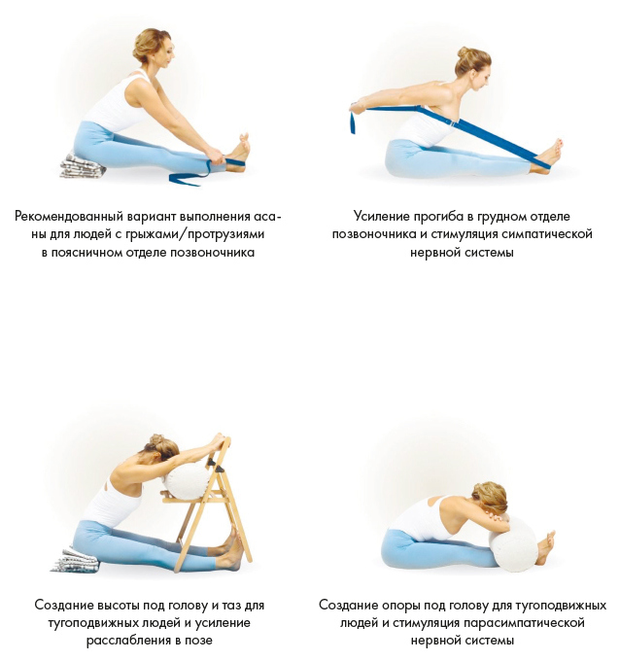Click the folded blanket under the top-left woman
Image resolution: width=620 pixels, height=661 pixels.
click(x=83, y=165)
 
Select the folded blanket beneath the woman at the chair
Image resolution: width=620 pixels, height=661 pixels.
click(x=75, y=560)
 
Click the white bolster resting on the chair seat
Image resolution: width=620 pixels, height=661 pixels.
click(x=187, y=481)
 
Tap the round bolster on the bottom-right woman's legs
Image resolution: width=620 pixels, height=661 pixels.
click(x=513, y=544)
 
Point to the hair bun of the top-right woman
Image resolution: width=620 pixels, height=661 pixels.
click(x=463, y=54)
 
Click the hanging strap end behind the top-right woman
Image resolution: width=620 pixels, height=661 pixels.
click(x=353, y=120)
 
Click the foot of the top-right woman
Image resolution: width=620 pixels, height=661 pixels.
click(x=550, y=155)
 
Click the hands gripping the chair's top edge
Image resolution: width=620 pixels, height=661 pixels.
click(x=216, y=441)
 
